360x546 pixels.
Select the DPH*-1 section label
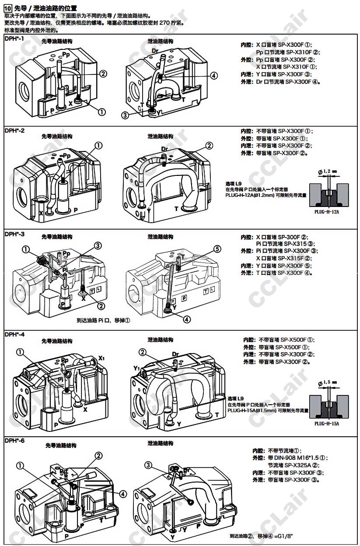click(x=14, y=39)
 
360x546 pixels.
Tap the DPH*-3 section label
click(x=14, y=234)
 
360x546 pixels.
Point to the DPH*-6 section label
click(x=14, y=440)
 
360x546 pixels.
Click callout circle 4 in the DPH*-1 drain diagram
click(x=213, y=76)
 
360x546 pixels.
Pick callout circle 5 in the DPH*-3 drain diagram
click(x=217, y=249)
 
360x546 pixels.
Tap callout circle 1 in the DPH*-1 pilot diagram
click(x=101, y=112)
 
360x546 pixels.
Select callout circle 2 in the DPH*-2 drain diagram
click(x=209, y=145)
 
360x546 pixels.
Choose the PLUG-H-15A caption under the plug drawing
click(x=327, y=423)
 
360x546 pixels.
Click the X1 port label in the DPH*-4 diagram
click(x=101, y=358)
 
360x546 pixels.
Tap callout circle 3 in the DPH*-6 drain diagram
click(x=148, y=465)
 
